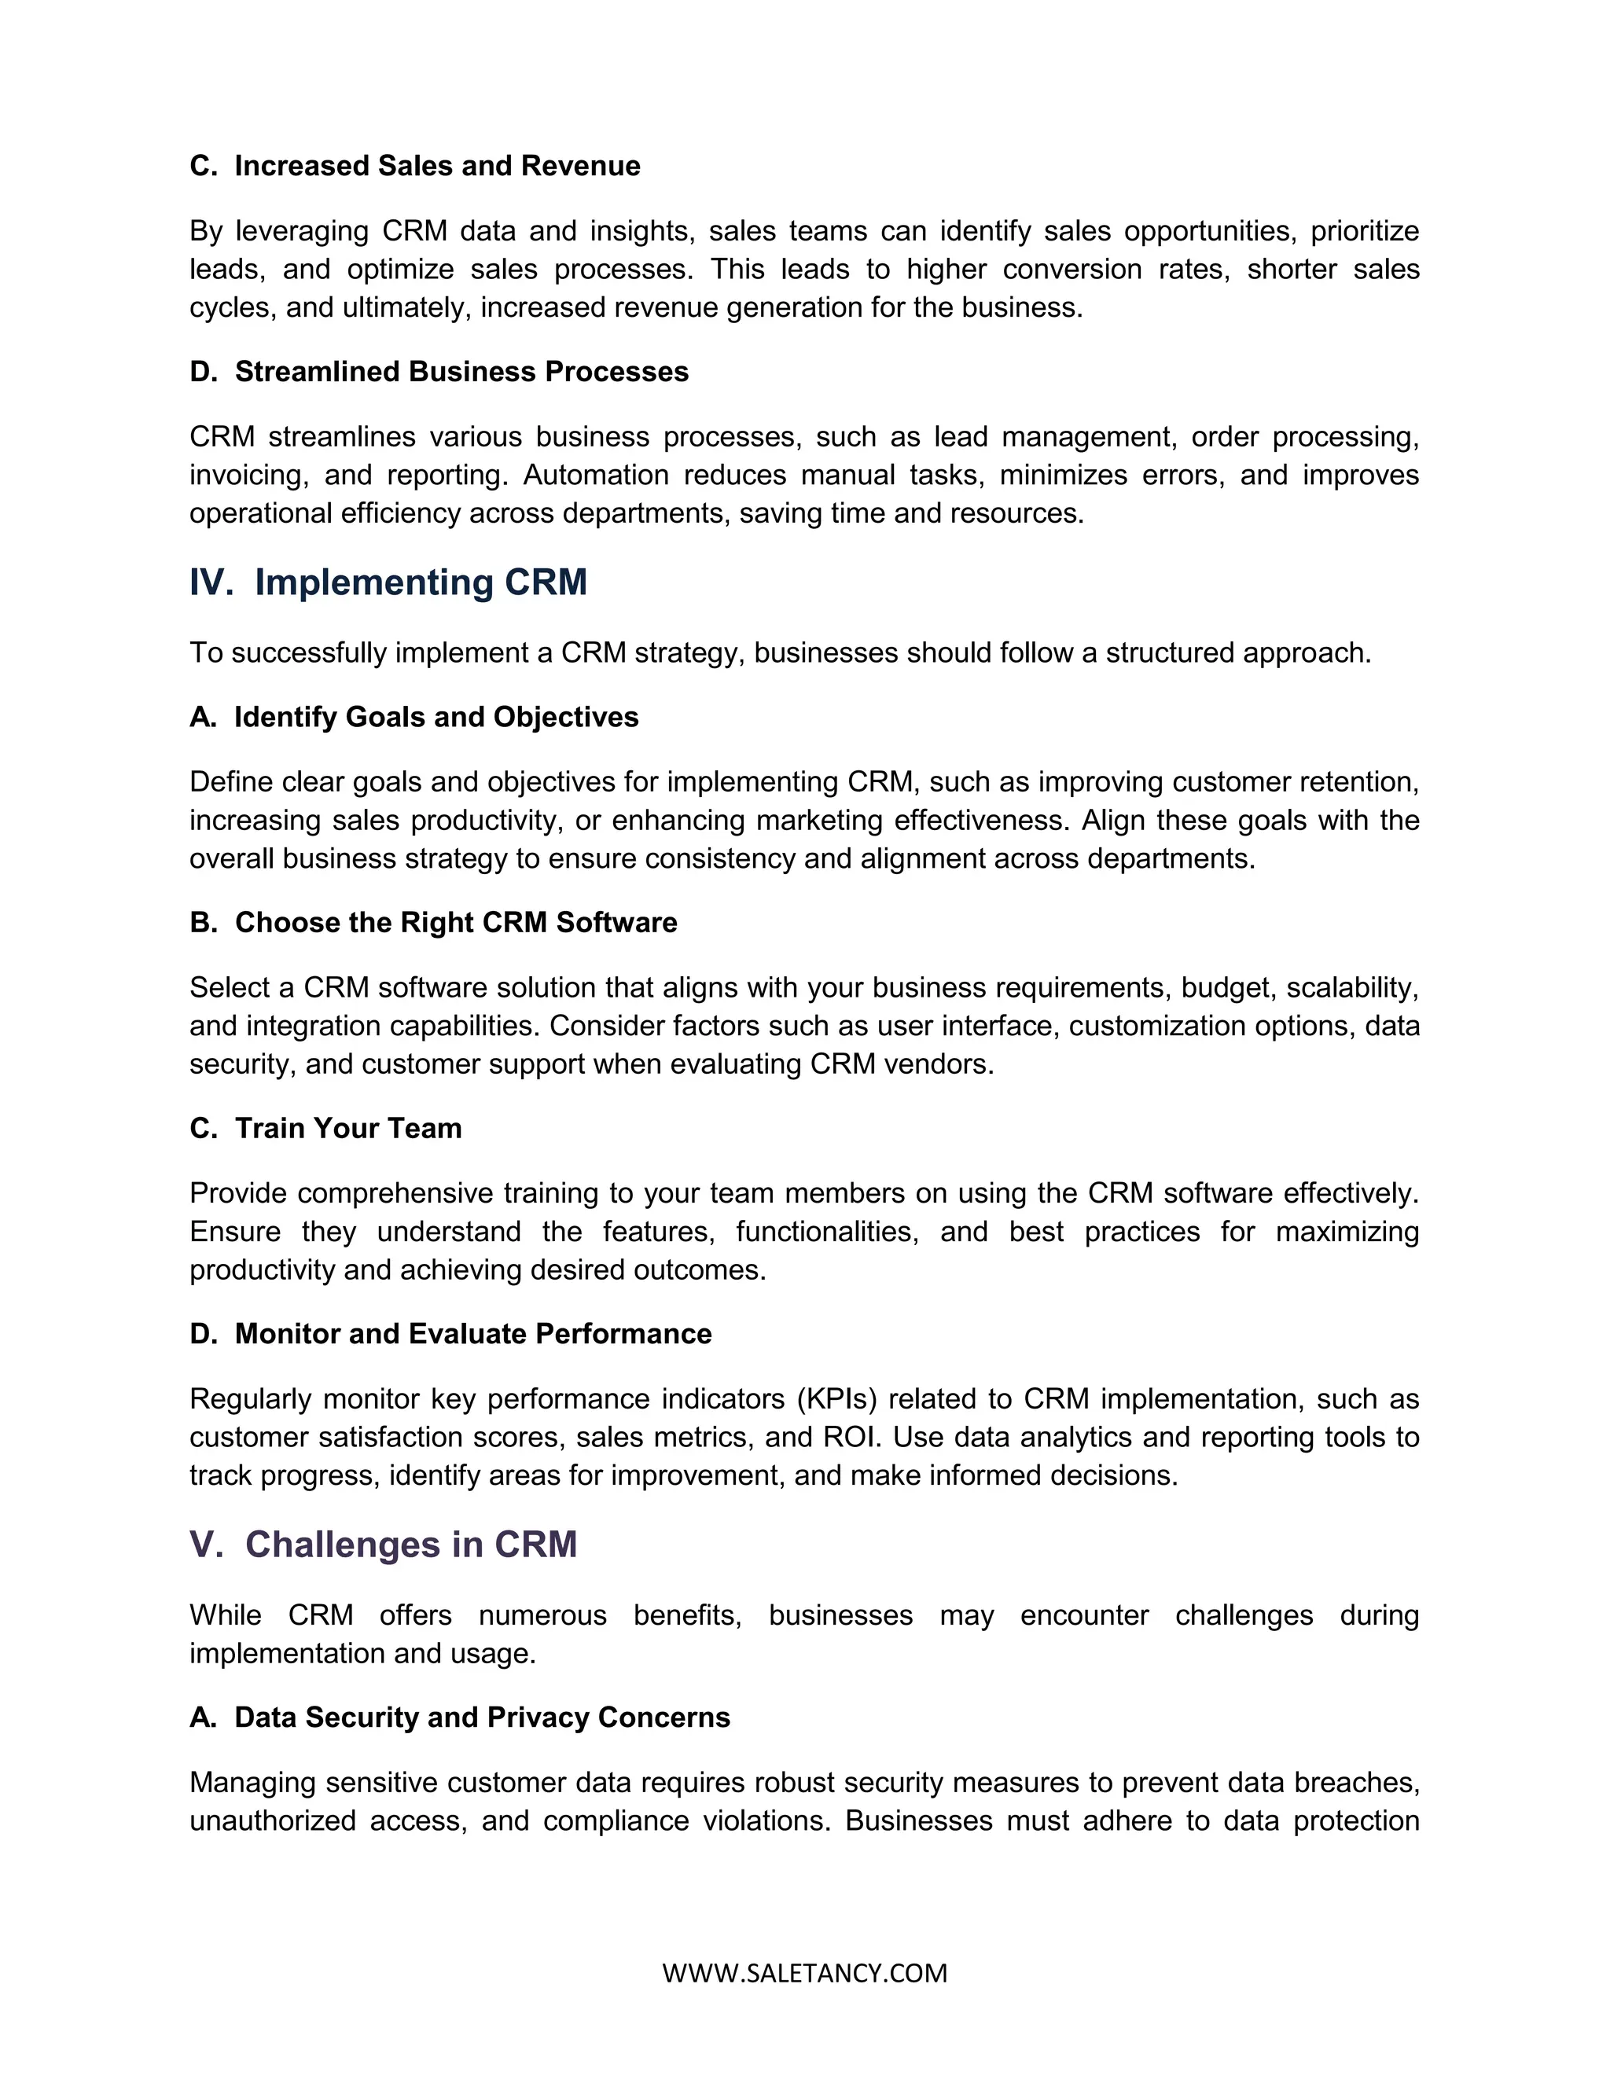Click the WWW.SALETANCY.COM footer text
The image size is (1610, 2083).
805,1972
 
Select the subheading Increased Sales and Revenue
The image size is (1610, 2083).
437,166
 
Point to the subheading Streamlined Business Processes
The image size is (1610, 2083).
461,372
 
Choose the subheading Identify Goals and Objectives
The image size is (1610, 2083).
436,717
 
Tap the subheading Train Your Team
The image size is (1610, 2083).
348,1128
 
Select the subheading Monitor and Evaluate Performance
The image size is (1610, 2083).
473,1333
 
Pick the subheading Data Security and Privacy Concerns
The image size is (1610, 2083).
482,1717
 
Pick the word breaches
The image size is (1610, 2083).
1365,1783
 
